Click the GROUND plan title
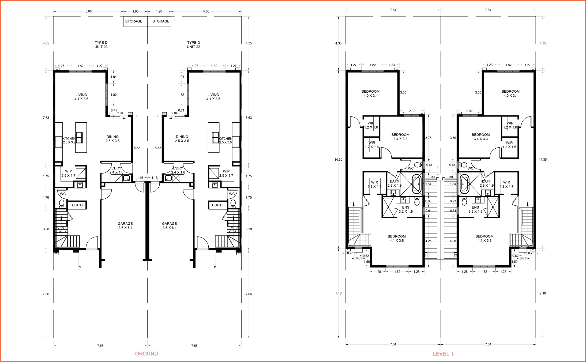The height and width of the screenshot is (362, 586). coord(146,354)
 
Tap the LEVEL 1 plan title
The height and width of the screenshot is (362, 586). coord(443,354)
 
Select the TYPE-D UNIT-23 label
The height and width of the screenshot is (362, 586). coord(101,45)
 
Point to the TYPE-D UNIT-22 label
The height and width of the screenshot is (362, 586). coord(193,45)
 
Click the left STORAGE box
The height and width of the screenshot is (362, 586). coord(134,21)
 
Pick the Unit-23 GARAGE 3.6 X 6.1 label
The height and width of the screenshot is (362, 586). coord(125,226)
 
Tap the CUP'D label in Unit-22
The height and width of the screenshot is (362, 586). coord(217,205)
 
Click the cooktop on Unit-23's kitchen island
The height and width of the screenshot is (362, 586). coord(79,138)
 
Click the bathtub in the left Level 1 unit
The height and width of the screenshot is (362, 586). coord(416,184)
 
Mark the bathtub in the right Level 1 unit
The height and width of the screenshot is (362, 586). coord(464,184)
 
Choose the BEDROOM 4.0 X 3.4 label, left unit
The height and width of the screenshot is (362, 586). coord(370,93)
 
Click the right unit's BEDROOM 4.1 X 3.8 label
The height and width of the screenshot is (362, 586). coord(484,238)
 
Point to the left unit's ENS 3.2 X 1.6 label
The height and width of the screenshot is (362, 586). coord(405,209)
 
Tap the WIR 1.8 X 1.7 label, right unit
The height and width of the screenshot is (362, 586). coord(506,184)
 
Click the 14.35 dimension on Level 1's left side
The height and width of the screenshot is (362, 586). coord(338,160)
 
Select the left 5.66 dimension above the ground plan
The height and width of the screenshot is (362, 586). coord(88,12)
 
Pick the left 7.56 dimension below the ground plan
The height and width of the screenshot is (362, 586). coord(100,346)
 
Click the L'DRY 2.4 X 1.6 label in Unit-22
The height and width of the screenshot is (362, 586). coord(178,170)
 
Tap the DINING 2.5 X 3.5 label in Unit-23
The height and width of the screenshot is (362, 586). coord(112,139)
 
